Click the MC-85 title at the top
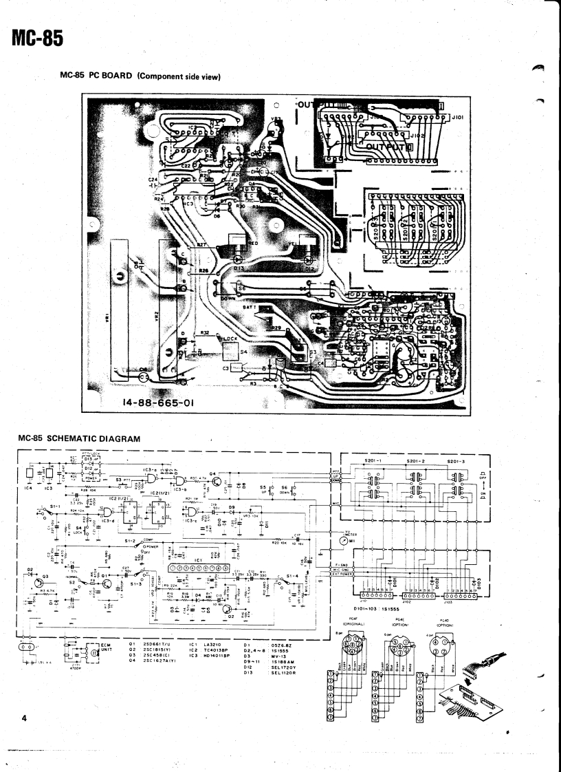click(38, 39)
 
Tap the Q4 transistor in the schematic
click(214, 474)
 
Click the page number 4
click(23, 719)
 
